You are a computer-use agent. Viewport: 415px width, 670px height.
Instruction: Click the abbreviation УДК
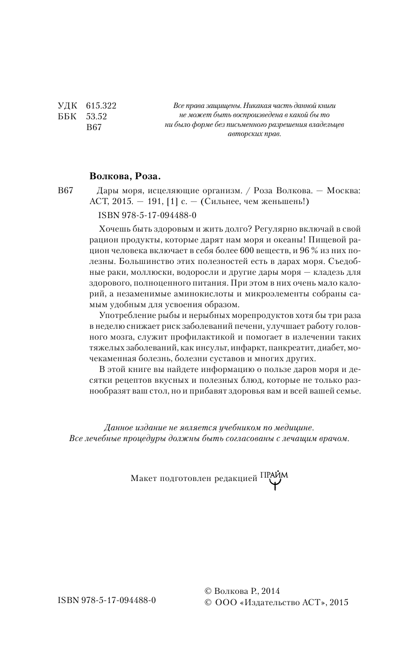[x=67, y=106]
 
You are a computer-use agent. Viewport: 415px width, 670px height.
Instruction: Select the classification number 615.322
[x=101, y=106]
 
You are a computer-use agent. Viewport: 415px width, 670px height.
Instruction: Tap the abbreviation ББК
[x=67, y=117]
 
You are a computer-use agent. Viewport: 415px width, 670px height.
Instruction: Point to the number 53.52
[x=97, y=117]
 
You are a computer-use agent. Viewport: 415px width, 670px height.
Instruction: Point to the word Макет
[x=143, y=478]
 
